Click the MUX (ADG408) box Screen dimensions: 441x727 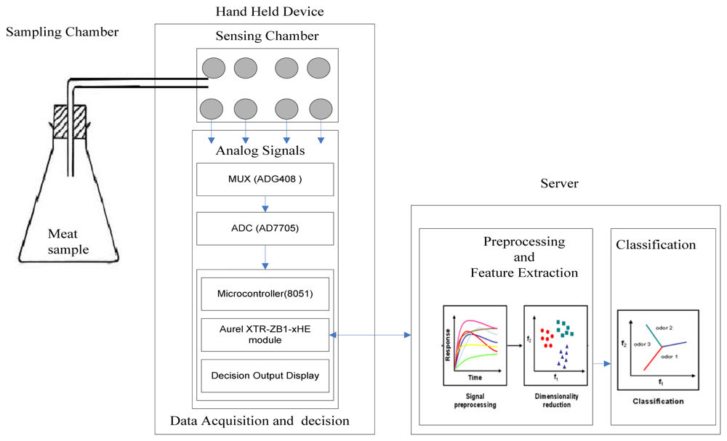point(265,179)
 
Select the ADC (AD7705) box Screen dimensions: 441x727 point(265,228)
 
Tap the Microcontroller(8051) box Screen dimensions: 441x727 point(265,294)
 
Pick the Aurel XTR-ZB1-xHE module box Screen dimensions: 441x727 point(265,334)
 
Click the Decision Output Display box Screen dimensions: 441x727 point(265,376)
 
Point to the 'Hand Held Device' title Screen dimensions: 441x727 point(270,12)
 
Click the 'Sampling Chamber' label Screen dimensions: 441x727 point(62,32)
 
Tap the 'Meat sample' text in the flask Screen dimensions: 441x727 point(68,241)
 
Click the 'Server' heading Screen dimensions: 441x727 point(559,184)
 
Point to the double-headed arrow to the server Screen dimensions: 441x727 point(370,335)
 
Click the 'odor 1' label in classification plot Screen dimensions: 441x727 point(670,357)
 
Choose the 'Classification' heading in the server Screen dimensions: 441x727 point(656,245)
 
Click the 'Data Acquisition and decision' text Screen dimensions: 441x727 point(260,421)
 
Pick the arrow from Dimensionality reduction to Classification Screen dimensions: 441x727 point(601,362)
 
